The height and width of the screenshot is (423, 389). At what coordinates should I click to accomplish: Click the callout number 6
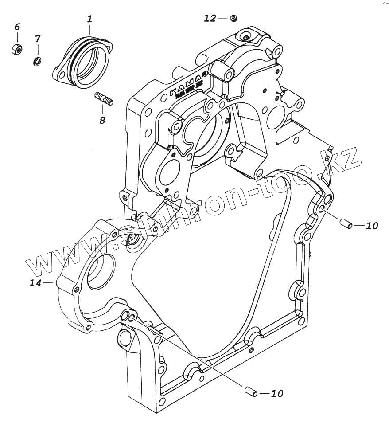point(17,27)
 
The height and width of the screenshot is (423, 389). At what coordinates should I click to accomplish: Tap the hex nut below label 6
point(16,49)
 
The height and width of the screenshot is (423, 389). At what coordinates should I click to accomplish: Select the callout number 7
point(37,39)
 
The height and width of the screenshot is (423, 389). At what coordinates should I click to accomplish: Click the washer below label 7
point(37,60)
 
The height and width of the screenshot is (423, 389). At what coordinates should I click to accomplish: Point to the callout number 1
point(89,20)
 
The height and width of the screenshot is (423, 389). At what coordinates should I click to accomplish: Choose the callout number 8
point(102,120)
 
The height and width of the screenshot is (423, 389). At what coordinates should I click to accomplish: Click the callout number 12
point(210,18)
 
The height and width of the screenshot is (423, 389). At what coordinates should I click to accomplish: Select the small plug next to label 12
point(233,18)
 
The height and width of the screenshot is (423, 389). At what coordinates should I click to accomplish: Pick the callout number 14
point(35,283)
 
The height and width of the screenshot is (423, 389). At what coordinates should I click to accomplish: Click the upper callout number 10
point(372,226)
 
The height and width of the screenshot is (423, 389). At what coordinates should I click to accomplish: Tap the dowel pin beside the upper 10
point(346,223)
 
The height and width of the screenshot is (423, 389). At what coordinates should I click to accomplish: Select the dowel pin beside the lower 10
point(250,392)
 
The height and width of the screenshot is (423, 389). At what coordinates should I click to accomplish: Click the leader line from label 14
point(48,282)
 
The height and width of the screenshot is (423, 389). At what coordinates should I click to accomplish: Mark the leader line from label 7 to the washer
point(37,50)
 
